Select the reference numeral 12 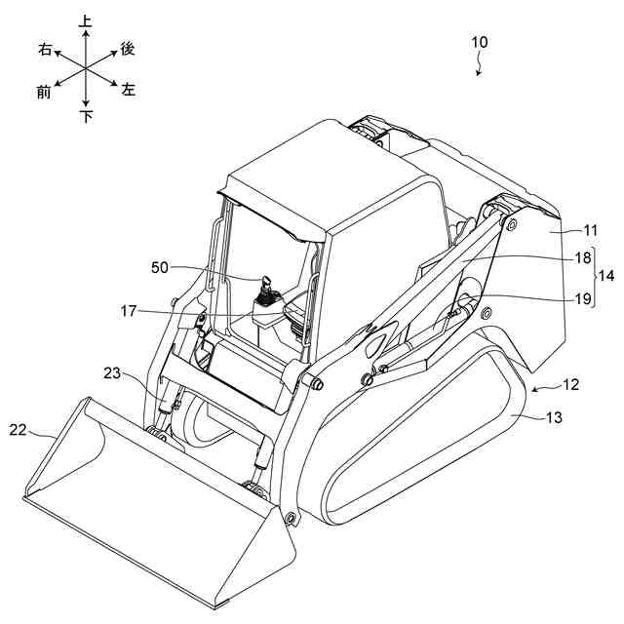point(570,384)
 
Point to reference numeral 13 point(553,417)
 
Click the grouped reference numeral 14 point(610,279)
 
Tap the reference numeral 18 point(583,258)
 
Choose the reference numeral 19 point(583,299)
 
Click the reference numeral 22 point(19,428)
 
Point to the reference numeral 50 point(162,265)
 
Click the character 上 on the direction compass point(86,19)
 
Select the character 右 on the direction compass point(45,48)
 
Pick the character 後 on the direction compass point(127,48)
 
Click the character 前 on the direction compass point(44,92)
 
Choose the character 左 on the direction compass point(129,89)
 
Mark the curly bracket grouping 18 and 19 point(598,279)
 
